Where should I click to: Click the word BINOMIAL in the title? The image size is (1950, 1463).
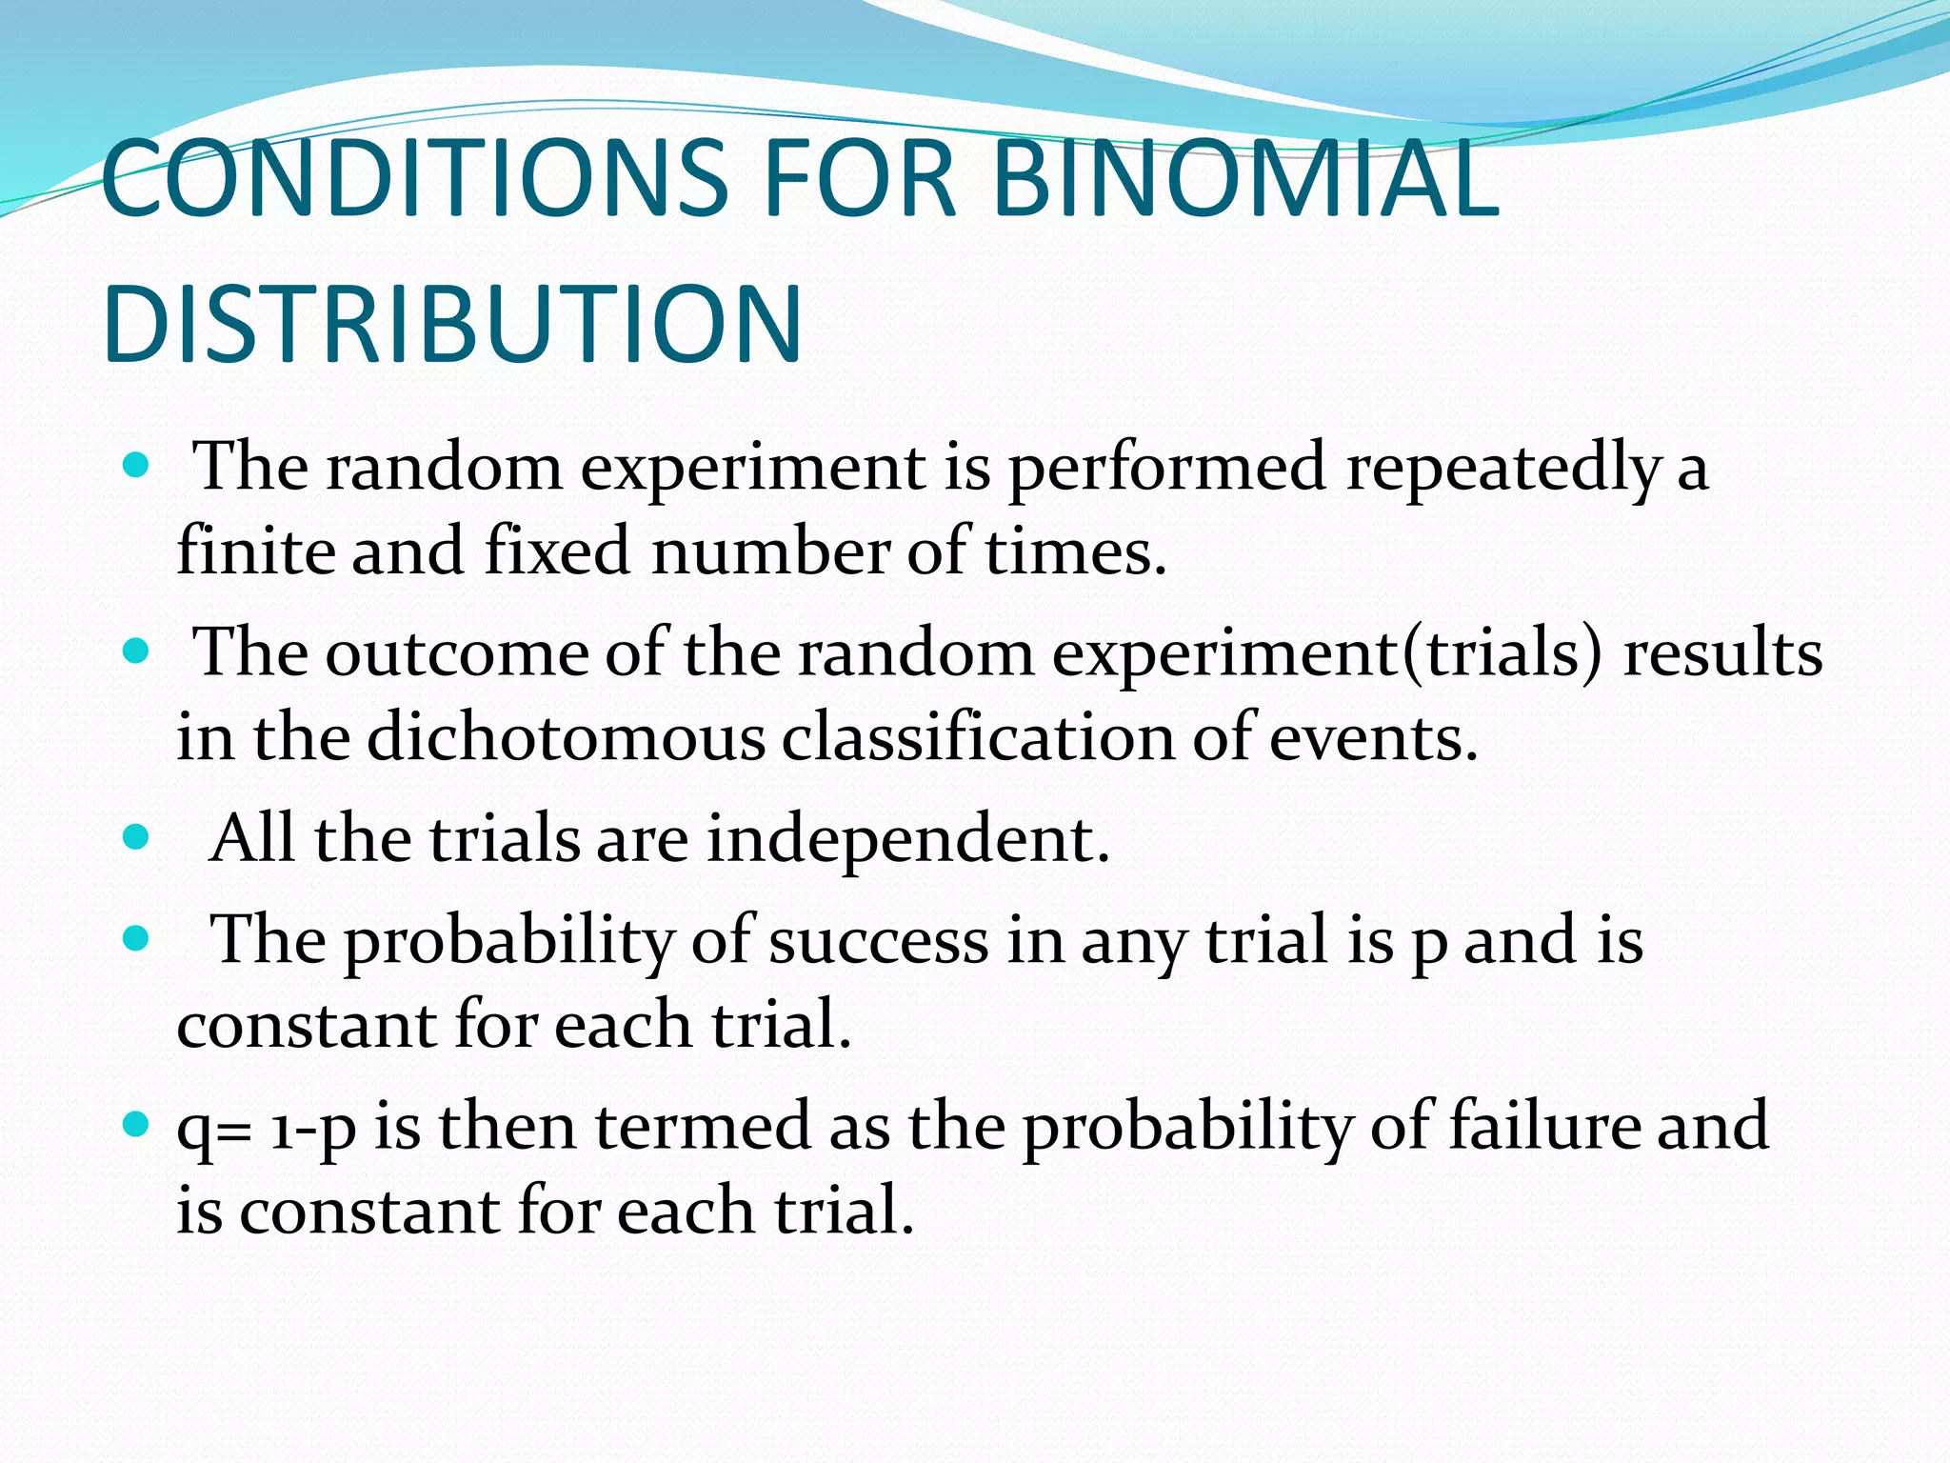coord(1245,178)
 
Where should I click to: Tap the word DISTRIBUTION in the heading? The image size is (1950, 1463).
coord(451,324)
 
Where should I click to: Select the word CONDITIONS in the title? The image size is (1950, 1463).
coord(414,178)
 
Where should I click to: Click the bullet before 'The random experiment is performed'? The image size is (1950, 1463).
coord(137,467)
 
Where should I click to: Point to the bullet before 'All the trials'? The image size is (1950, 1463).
coord(137,837)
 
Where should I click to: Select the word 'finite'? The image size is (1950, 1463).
coord(255,551)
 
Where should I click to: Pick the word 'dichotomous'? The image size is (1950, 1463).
coord(566,738)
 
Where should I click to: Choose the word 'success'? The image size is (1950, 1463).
coord(878,940)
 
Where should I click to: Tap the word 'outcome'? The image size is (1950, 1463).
coord(457,654)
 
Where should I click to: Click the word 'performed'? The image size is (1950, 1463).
coord(1166,469)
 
